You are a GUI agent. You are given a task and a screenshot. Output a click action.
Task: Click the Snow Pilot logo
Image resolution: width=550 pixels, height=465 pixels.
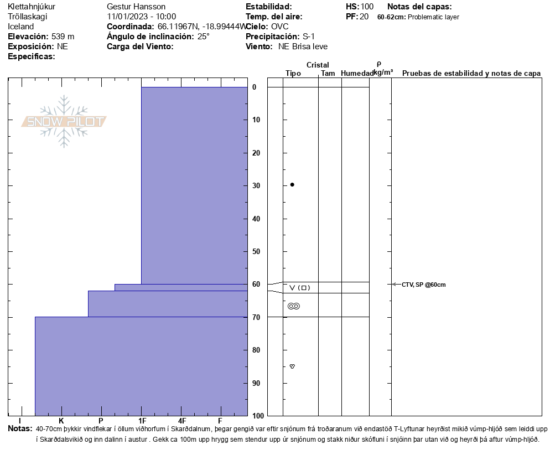click(x=64, y=121)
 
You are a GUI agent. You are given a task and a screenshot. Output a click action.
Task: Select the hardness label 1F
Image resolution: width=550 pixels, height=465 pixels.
click(x=142, y=421)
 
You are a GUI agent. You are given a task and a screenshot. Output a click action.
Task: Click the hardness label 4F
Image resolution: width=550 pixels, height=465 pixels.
click(x=181, y=421)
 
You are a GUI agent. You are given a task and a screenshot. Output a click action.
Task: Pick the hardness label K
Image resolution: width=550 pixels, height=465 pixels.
click(x=61, y=421)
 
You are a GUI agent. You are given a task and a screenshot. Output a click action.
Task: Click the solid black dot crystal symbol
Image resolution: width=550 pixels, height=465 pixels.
click(x=292, y=184)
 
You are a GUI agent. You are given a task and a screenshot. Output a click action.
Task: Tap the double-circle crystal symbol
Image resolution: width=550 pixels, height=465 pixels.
click(x=294, y=306)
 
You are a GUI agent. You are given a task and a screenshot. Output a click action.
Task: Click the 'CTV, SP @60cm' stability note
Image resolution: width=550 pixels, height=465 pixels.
click(x=423, y=285)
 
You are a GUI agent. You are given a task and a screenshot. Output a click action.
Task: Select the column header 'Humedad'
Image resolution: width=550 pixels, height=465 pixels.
click(x=357, y=74)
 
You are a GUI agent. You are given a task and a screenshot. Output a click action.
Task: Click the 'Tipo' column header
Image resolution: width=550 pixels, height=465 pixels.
click(x=293, y=74)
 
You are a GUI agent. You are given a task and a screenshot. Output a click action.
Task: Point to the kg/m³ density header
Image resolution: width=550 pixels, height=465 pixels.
click(x=383, y=73)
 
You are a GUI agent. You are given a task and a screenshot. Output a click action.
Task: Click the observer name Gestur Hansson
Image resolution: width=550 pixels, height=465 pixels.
click(x=136, y=7)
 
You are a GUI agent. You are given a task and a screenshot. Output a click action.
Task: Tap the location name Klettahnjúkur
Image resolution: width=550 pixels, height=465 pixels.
click(x=32, y=7)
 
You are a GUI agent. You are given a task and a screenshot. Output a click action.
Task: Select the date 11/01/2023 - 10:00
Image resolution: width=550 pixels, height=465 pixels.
click(x=142, y=17)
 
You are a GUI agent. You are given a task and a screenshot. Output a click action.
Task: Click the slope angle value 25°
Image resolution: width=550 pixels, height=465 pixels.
click(x=204, y=37)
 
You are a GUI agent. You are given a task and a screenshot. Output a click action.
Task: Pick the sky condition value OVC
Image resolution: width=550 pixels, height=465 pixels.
click(x=279, y=27)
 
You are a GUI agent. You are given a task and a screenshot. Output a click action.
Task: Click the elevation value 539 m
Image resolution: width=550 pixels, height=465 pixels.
click(x=63, y=37)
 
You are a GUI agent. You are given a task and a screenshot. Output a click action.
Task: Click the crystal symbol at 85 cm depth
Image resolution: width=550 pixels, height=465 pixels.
click(x=292, y=366)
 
